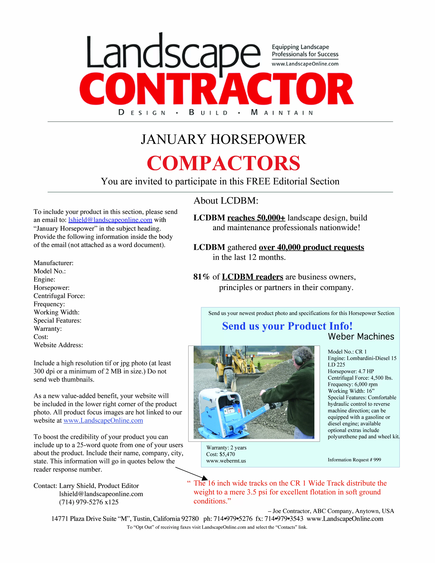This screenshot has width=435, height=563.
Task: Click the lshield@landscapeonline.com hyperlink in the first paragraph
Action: point(110,220)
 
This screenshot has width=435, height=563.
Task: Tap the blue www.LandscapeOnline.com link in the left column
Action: point(103,420)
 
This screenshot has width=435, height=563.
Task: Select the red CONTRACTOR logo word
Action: point(216,89)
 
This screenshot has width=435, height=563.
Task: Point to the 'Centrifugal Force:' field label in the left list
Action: point(59,296)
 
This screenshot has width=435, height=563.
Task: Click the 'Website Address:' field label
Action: point(58,345)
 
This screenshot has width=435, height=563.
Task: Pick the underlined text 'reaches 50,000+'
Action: point(256,218)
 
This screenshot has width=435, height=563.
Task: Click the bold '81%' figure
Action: point(201,277)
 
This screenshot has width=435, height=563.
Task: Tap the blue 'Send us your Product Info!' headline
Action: point(287,326)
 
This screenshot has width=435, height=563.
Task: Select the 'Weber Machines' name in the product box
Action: point(361,337)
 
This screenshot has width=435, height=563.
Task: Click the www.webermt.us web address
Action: point(226,461)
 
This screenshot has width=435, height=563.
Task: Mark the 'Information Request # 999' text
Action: point(354,460)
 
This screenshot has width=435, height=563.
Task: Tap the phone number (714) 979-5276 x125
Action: point(89,502)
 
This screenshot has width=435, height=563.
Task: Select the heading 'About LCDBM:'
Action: point(226,201)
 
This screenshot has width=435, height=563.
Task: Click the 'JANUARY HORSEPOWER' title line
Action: point(223,139)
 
